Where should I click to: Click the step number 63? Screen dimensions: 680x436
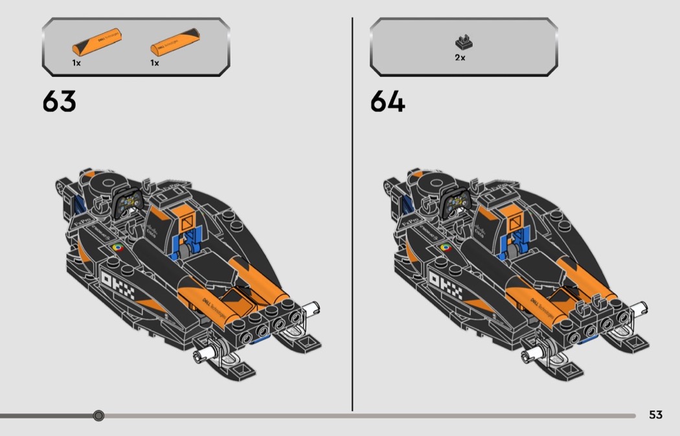point(59,102)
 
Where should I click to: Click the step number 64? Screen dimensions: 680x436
point(387,102)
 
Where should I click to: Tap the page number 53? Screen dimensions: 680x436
point(655,415)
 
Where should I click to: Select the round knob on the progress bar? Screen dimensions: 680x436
point(98,415)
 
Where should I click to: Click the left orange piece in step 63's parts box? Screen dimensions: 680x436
point(98,42)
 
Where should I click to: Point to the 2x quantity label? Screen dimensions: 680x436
point(460,58)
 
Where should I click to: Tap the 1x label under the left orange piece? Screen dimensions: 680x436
point(76,63)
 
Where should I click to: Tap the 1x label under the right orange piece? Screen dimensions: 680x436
point(155,63)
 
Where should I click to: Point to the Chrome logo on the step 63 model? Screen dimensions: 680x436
point(117,247)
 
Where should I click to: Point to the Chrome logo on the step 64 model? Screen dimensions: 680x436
point(446,247)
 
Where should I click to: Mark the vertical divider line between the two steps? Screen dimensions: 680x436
point(352,214)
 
